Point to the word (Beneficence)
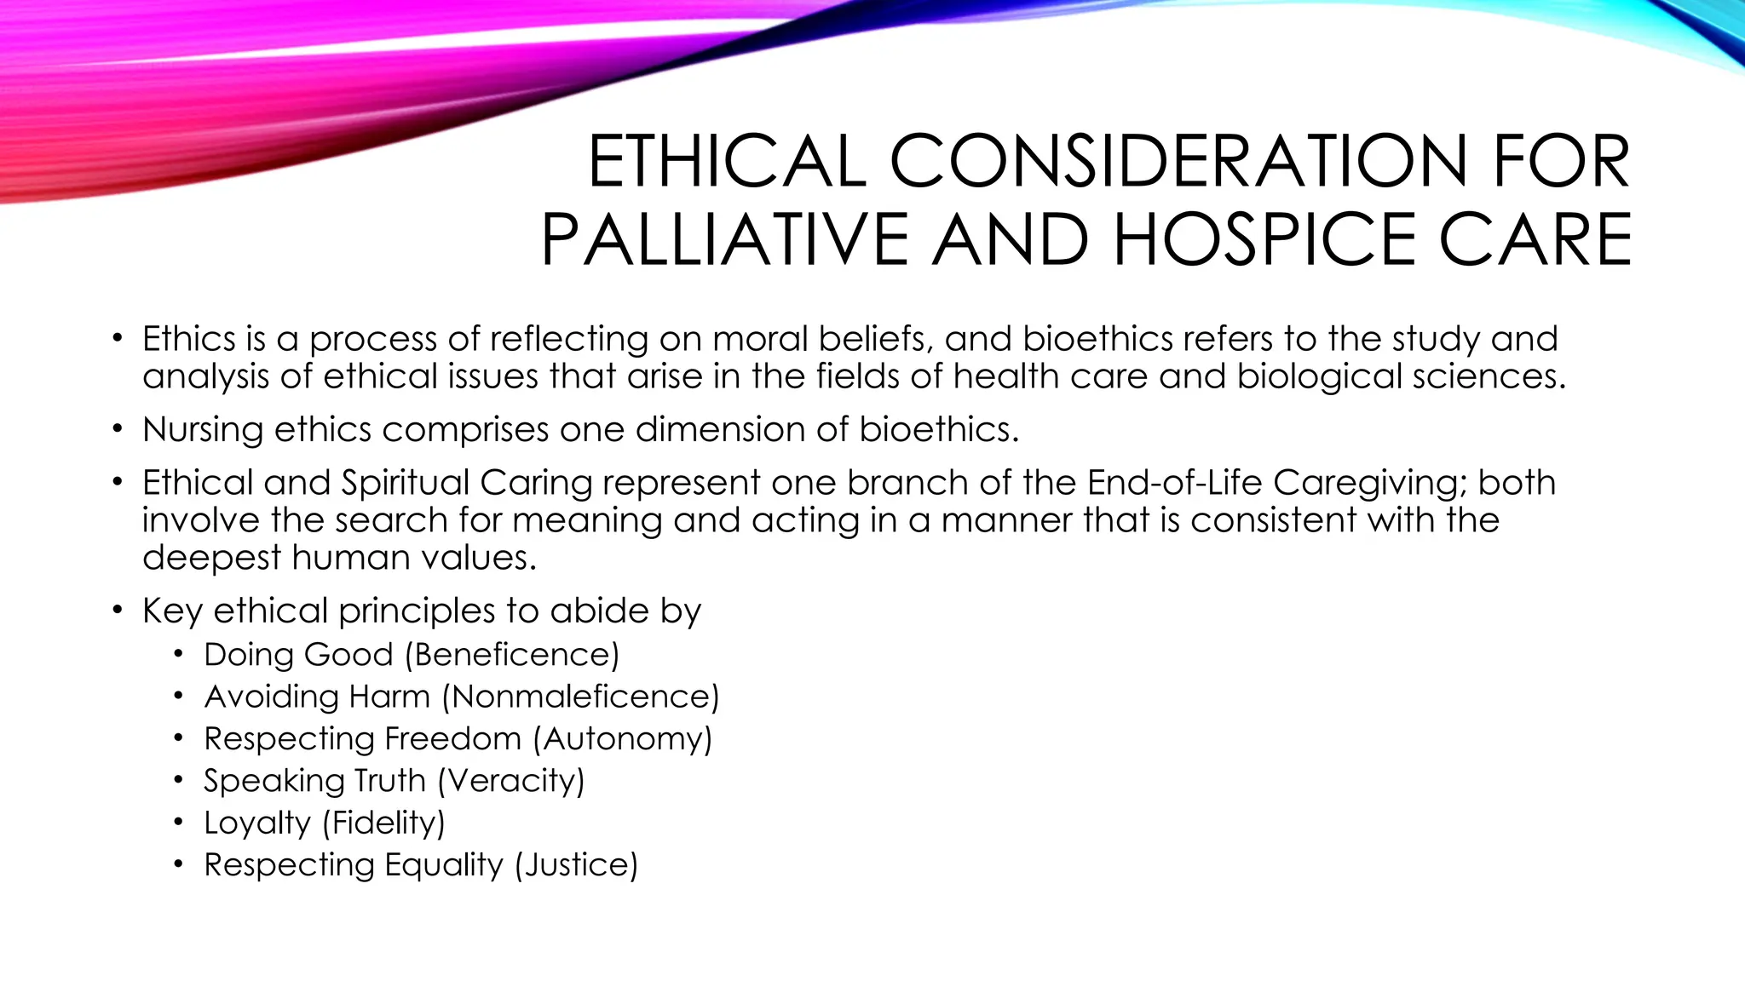pyautogui.click(x=512, y=655)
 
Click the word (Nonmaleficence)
pyautogui.click(x=580, y=697)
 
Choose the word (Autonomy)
pyautogui.click(x=622, y=738)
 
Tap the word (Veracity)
pyautogui.click(x=511, y=781)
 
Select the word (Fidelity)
pyautogui.click(x=383, y=823)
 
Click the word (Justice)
pyautogui.click(x=576, y=865)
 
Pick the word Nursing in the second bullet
pyautogui.click(x=203, y=430)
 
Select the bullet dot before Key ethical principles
pyautogui.click(x=117, y=611)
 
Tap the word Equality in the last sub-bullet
pyautogui.click(x=443, y=865)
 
